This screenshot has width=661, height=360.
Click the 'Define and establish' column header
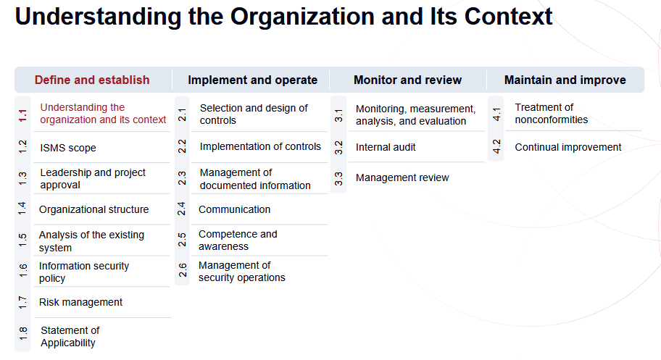[x=92, y=80]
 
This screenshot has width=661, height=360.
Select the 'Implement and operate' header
[x=252, y=80]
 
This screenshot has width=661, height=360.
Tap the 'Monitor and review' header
[x=407, y=80]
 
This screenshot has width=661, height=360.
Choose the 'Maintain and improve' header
[x=565, y=80]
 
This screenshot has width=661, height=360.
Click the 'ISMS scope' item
[x=68, y=148]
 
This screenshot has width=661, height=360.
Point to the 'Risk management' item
[x=80, y=302]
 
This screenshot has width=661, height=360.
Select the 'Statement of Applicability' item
[x=70, y=337]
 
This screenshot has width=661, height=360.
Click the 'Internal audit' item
[x=386, y=147]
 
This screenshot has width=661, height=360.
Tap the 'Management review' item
[x=402, y=177]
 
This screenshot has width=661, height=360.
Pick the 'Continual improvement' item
[x=568, y=147]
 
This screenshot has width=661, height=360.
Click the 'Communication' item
[x=234, y=209]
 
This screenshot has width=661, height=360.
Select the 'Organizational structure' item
[x=93, y=209]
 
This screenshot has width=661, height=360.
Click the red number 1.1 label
[x=22, y=114]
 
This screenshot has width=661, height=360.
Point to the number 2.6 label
[x=182, y=270]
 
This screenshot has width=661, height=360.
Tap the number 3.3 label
[x=338, y=177]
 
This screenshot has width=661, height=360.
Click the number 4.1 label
[x=496, y=114]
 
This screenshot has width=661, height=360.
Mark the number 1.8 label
[x=22, y=335]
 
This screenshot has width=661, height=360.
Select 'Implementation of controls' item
[x=260, y=146]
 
